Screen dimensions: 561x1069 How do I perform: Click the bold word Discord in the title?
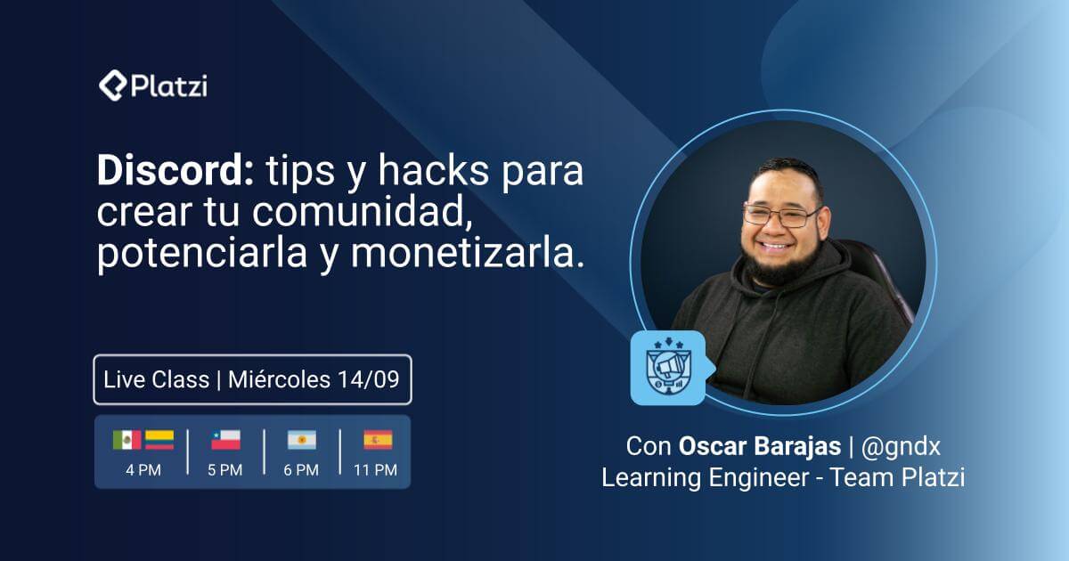coord(175,172)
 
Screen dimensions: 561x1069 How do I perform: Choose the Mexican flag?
coord(126,440)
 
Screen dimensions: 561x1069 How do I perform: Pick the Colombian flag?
coord(159,440)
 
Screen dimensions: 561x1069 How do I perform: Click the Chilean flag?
coord(225,440)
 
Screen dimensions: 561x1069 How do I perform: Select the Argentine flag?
coord(301,440)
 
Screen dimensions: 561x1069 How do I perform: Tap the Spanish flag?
coord(378,440)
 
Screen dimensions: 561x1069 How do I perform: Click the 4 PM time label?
coord(143,470)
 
